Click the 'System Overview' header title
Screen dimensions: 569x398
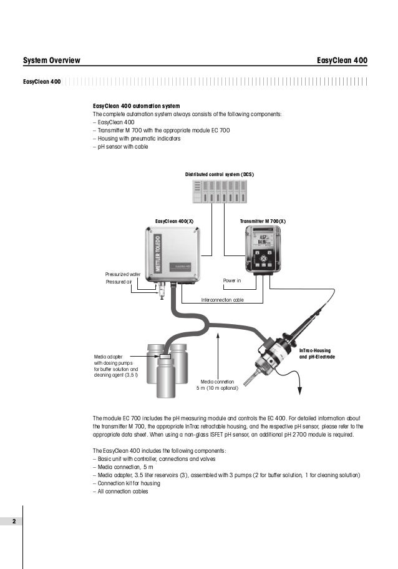point(51,61)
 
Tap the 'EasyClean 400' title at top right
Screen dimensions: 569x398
point(342,61)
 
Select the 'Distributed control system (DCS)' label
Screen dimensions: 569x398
point(220,173)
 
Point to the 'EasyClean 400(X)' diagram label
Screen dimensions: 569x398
point(174,222)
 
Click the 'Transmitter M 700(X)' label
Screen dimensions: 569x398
point(263,222)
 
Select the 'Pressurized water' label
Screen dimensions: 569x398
point(123,274)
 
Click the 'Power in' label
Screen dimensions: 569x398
point(231,280)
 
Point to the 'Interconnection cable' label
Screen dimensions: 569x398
point(223,300)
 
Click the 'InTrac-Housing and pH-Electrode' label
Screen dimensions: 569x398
point(317,354)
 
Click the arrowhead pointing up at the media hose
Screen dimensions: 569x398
point(217,334)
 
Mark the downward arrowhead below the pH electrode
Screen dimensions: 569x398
point(300,391)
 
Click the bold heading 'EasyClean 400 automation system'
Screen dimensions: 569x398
point(136,107)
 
